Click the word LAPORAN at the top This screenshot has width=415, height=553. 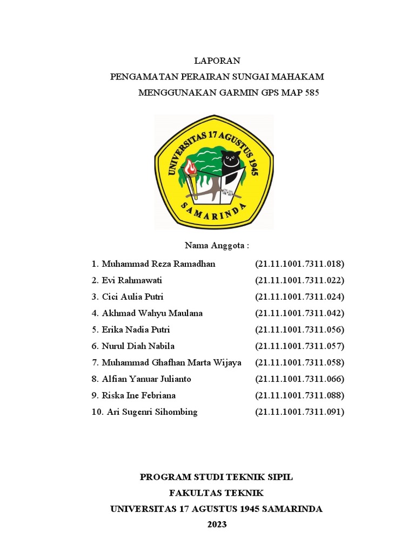coord(217,61)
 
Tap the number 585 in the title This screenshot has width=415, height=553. coord(309,92)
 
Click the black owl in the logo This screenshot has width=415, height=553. coord(231,162)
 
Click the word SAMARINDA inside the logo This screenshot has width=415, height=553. coord(213,212)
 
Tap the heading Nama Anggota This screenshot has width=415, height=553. coord(217,246)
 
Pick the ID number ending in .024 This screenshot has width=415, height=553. coord(299,296)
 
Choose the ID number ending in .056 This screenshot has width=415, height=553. coord(299,329)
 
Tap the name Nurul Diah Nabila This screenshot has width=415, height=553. coord(138,346)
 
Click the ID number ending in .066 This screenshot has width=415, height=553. coord(299,379)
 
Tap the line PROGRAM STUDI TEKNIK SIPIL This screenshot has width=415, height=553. coord(216,477)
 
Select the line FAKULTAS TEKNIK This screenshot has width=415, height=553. coord(216,493)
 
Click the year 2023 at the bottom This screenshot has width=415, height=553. coord(217,524)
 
